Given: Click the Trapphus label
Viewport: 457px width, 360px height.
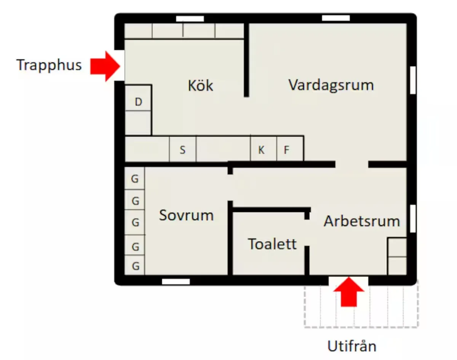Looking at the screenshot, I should tap(49, 65).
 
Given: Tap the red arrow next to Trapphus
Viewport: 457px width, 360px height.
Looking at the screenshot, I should tap(105, 66).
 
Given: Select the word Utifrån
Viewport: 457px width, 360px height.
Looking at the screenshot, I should tap(352, 346).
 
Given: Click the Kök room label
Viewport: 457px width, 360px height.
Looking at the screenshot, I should tap(201, 86).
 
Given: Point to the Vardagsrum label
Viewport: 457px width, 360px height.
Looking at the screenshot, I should tap(331, 84).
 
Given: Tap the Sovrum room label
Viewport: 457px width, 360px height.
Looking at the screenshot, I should tap(186, 215).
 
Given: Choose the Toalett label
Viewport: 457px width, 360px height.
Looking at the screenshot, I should tap(272, 244).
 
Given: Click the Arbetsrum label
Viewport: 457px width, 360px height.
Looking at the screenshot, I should tap(362, 221).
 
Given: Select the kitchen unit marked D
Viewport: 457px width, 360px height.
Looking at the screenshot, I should tap(138, 102).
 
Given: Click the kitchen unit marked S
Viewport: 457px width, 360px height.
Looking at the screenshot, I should tap(183, 150).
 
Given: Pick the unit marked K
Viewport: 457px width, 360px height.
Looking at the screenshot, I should tap(262, 150).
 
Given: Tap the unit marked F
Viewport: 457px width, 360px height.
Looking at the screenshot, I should tap(287, 150).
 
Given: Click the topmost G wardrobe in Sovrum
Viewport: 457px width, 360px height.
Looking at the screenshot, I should tap(135, 178).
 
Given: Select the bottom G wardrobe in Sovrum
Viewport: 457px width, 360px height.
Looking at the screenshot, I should tap(135, 266).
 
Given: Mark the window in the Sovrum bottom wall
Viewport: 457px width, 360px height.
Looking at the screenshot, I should tap(176, 282).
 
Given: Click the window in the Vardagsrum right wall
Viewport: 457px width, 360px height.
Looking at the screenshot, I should tap(413, 80).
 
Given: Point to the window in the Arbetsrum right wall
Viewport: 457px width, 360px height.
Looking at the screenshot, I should tap(413, 218).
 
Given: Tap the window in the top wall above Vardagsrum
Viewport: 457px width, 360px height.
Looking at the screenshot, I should tap(336, 18).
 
